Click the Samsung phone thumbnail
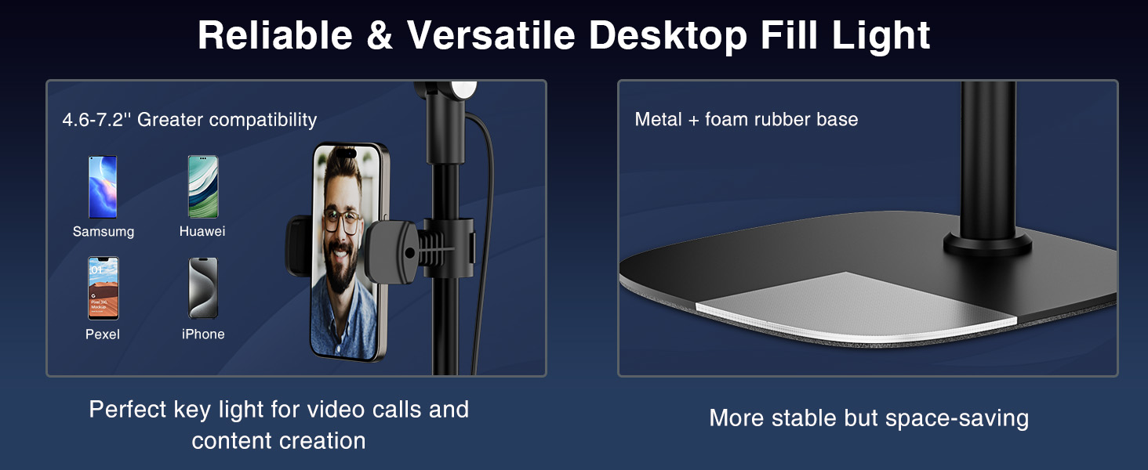(103, 187)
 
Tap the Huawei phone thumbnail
(203, 187)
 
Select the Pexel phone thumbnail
(103, 288)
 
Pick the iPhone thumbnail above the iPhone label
(203, 288)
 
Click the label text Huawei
(202, 231)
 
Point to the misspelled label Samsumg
(104, 231)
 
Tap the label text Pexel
(103, 334)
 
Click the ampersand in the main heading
(380, 36)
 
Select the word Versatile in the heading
(491, 35)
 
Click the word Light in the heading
(881, 36)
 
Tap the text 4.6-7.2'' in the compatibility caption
(96, 120)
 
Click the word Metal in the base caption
(659, 119)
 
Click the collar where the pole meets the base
(987, 244)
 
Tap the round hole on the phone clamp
(409, 252)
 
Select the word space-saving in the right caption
(957, 419)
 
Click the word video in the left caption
(334, 410)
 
